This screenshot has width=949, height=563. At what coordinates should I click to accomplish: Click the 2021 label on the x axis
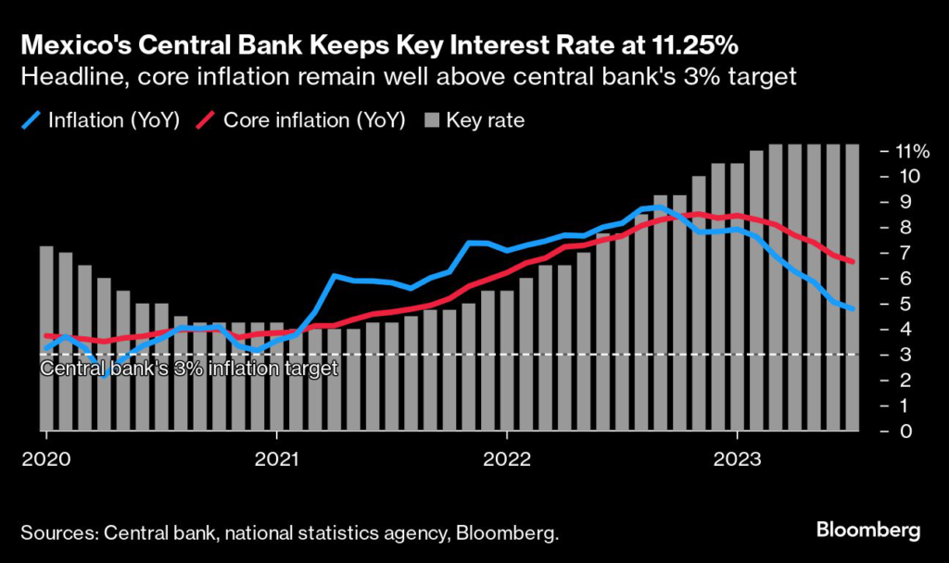pyautogui.click(x=276, y=458)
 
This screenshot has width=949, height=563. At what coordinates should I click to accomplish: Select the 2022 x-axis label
pyautogui.click(x=507, y=458)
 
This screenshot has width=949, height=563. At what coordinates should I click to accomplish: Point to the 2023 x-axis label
pyautogui.click(x=737, y=458)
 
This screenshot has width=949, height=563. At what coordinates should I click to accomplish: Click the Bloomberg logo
pyautogui.click(x=868, y=531)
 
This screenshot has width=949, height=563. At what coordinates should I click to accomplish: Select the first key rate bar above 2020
pyautogui.click(x=46, y=339)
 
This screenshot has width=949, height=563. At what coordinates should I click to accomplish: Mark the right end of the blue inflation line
pyautogui.click(x=852, y=308)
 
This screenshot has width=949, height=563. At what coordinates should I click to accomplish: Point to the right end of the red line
pyautogui.click(x=852, y=262)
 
